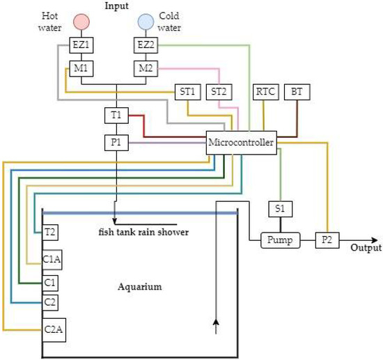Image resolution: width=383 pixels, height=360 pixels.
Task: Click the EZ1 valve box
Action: tap(80, 45)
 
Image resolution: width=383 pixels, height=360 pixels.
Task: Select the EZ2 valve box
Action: tap(146, 45)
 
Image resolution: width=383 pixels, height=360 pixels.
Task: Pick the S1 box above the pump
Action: tap(280, 208)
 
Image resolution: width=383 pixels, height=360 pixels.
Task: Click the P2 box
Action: tap(327, 240)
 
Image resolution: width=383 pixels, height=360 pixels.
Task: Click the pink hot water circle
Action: tap(80, 22)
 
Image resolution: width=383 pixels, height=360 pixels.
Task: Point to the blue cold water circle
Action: tap(146, 22)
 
